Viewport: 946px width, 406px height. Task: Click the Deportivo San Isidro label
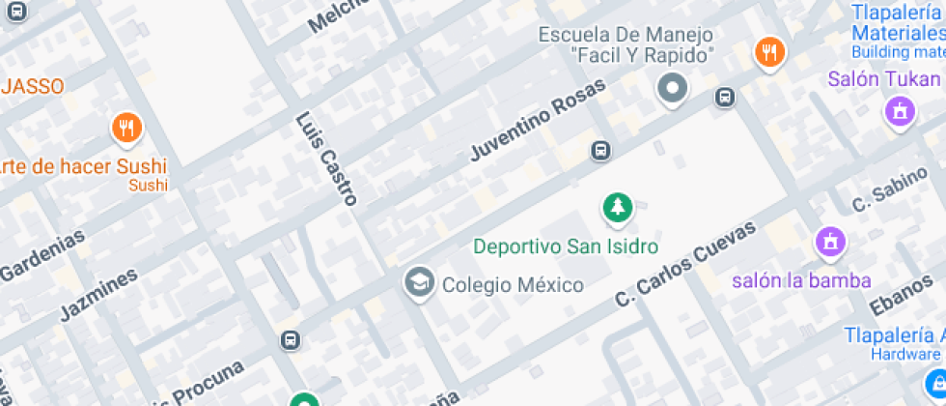pyautogui.click(x=566, y=246)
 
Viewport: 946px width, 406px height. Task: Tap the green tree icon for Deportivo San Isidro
pyautogui.click(x=617, y=206)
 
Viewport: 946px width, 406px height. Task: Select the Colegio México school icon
pyautogui.click(x=419, y=283)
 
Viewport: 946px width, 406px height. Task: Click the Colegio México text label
pyautogui.click(x=513, y=285)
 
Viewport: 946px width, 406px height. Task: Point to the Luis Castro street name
pyautogui.click(x=327, y=160)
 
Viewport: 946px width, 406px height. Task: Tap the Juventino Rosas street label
pyautogui.click(x=538, y=120)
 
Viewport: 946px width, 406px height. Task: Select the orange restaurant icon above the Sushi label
pyautogui.click(x=125, y=128)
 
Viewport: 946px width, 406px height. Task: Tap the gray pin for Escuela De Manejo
pyautogui.click(x=672, y=89)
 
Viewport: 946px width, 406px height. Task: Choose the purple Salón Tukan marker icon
pyautogui.click(x=900, y=112)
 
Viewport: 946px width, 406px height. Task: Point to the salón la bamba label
pyautogui.click(x=801, y=281)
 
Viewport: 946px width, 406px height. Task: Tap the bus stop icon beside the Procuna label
pyautogui.click(x=290, y=340)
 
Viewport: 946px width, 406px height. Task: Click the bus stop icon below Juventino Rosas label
pyautogui.click(x=600, y=151)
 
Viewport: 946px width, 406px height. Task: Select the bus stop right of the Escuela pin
pyautogui.click(x=725, y=97)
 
